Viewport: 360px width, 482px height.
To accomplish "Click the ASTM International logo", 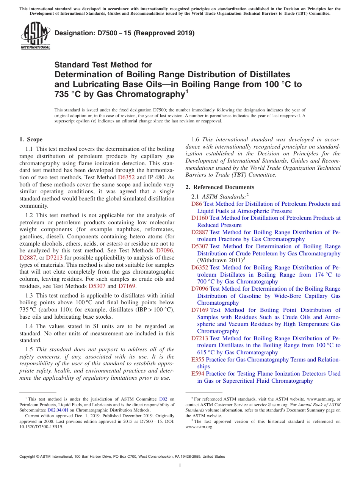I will [x=35, y=36].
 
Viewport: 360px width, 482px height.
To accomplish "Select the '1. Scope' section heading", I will [x=31, y=139].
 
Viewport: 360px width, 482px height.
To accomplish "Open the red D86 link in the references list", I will [x=197, y=204].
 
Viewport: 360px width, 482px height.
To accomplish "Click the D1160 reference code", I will [x=200, y=218].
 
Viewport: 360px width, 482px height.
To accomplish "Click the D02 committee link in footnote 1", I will [x=163, y=399].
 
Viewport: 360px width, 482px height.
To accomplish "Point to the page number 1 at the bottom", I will [x=180, y=466].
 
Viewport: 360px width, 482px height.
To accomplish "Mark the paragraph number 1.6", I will [x=196, y=139].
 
